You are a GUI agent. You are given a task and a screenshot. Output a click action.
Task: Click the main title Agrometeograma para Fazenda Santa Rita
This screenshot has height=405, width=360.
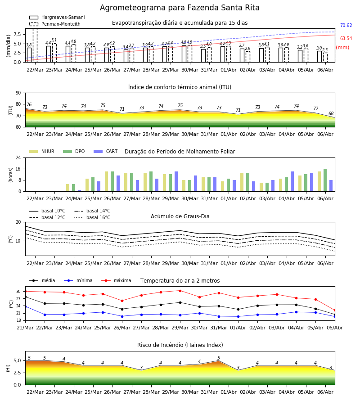tap(180, 8)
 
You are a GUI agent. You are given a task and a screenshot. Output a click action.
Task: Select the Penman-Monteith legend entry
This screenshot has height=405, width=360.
tap(55, 24)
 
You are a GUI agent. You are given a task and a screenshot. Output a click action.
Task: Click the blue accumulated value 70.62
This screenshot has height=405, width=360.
tap(346, 25)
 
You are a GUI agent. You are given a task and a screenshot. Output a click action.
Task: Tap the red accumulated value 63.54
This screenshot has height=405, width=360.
tap(346, 39)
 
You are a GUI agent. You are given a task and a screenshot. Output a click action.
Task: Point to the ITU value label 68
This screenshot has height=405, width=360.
tap(331, 114)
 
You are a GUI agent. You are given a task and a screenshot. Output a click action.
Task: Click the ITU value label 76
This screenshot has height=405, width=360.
tap(29, 104)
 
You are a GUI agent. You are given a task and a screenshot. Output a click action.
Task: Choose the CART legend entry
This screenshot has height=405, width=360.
tap(106, 151)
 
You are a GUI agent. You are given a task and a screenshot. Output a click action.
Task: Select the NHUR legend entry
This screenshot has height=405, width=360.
tap(41, 151)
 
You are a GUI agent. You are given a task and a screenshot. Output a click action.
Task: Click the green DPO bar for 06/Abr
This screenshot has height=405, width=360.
tap(325, 180)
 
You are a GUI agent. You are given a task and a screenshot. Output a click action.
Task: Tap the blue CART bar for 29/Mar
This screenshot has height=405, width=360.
tap(176, 181)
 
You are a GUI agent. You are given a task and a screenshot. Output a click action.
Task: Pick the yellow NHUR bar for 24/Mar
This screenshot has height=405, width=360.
tap(67, 188)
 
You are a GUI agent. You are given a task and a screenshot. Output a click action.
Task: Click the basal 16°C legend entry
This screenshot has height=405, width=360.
tap(92, 217)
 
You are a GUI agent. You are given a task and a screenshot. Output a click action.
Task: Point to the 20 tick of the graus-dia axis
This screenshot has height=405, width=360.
tap(18, 222)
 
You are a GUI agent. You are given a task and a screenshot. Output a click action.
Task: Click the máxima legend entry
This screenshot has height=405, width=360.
tap(116, 280)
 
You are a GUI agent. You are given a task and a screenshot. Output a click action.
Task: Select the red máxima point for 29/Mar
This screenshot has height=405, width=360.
tap(180, 291)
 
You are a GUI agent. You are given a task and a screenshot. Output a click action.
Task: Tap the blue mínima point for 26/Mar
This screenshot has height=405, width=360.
tap(122, 316)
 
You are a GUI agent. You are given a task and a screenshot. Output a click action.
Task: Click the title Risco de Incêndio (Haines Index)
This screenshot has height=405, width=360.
tap(180, 345)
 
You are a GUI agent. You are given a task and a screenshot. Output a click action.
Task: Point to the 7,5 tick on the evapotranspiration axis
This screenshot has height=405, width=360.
tap(17, 34)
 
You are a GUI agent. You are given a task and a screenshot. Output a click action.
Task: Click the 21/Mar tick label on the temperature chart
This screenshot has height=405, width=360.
tap(25, 328)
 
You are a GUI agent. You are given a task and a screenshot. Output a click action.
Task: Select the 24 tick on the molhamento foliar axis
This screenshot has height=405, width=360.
tap(18, 157)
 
